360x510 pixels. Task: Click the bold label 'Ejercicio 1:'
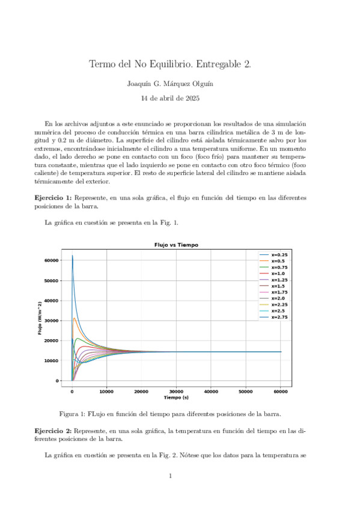tap(53, 198)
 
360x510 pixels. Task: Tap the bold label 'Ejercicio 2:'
tap(53, 431)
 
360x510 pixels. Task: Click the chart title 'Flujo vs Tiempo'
tap(176, 245)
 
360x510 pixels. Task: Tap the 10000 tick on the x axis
tap(106, 392)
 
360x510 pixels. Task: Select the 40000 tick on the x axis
tap(211, 392)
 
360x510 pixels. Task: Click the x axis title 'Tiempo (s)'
tap(176, 398)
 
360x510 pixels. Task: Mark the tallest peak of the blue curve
tap(72, 256)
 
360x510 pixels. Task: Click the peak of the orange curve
tap(74, 318)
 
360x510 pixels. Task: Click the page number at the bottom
tap(171, 476)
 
